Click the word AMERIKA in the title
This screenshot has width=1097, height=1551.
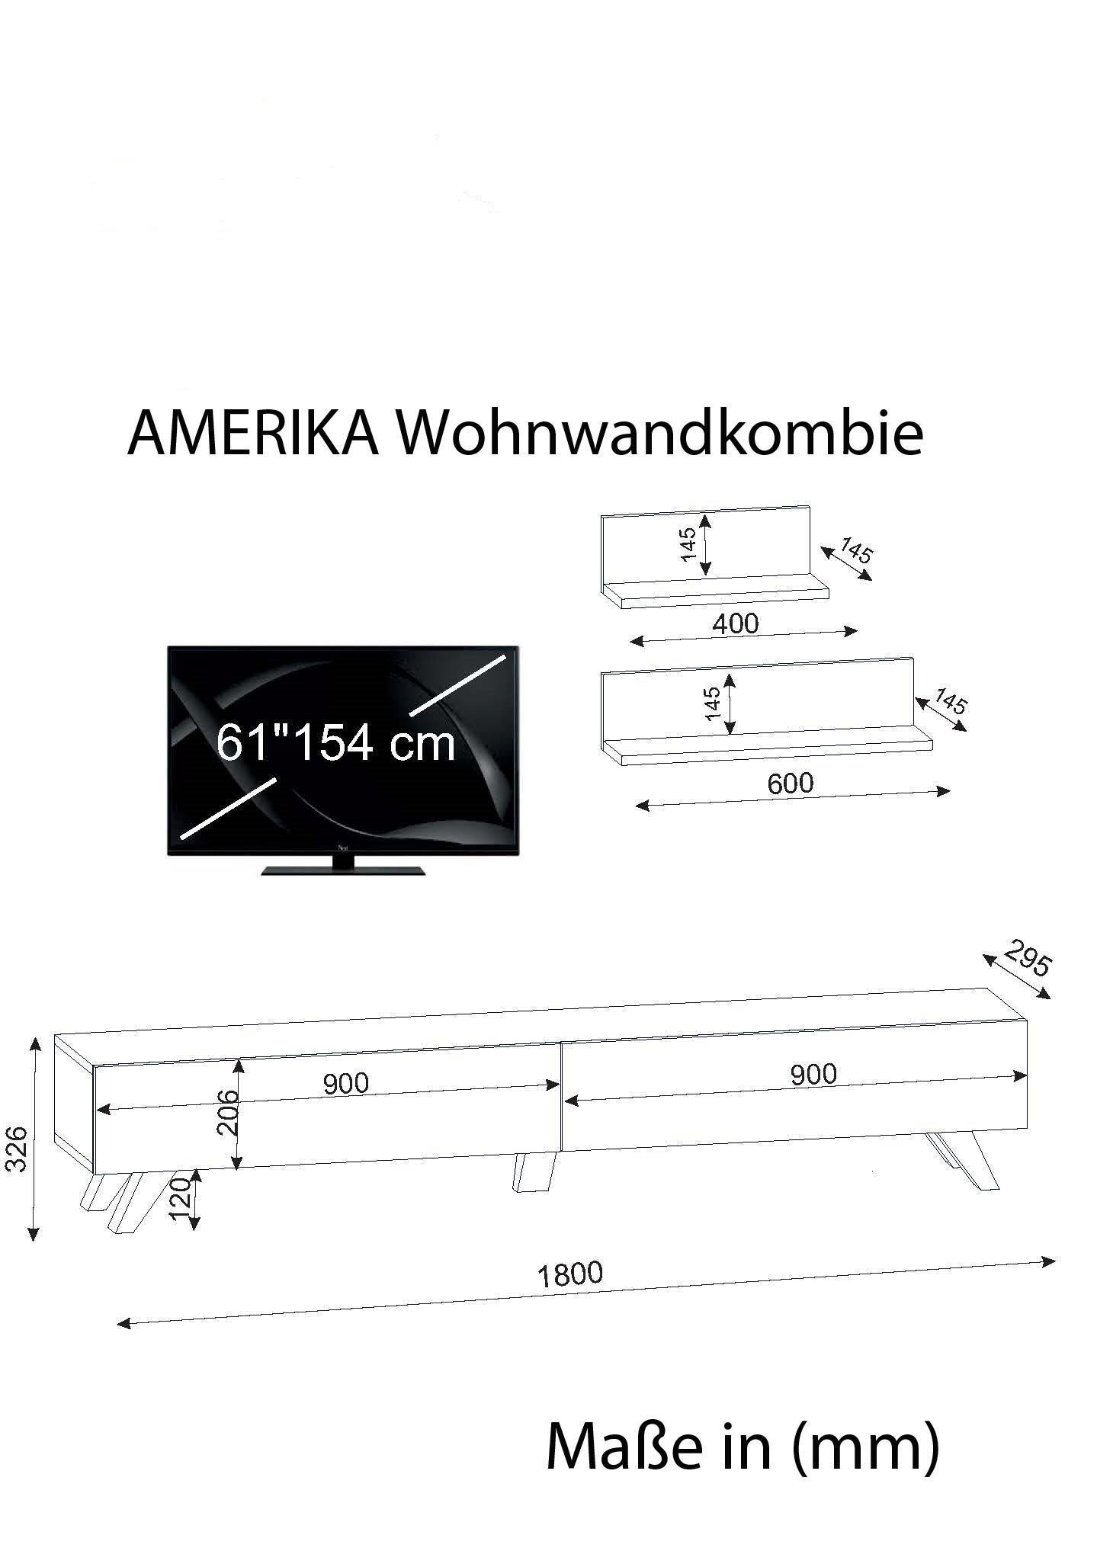click(x=253, y=434)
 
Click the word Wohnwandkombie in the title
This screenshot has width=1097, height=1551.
click(x=661, y=434)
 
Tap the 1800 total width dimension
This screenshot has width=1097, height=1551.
click(x=570, y=1274)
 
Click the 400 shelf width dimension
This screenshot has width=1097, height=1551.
click(x=736, y=624)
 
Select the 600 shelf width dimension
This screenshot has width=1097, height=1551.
click(x=791, y=783)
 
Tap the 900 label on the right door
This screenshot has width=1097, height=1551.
click(x=813, y=1075)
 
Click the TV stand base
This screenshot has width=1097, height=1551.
click(x=343, y=870)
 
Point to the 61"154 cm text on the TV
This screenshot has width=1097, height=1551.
click(x=336, y=743)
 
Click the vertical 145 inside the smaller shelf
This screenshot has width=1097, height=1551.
click(x=688, y=544)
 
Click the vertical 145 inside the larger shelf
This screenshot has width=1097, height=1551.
click(x=713, y=703)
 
